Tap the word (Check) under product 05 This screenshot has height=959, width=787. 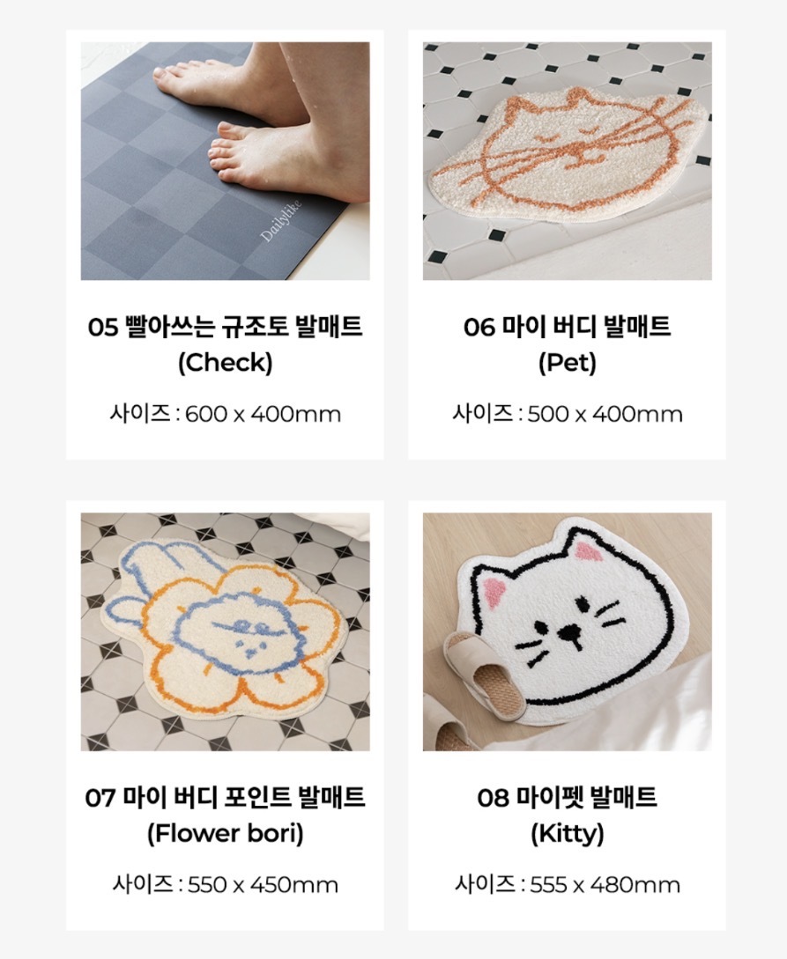226,363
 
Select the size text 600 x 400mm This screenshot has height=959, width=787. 263,414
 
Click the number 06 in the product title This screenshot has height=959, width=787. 479,327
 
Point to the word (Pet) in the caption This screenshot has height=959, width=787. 568,363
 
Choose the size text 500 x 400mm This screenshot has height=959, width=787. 605,414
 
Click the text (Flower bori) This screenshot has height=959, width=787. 226,833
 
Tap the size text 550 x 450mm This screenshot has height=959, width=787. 263,884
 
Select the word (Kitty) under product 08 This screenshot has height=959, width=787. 568,833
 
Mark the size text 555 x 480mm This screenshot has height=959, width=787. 605,884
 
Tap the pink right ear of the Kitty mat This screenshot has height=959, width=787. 585,551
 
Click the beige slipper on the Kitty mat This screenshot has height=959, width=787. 485,672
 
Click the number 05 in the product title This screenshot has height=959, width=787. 102,327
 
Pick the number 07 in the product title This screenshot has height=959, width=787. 100,798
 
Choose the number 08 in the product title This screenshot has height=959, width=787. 493,798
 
